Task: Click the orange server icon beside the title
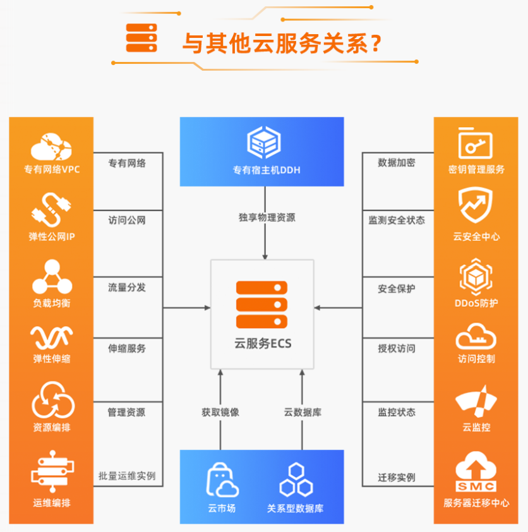(141, 38)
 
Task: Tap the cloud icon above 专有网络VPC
(51, 146)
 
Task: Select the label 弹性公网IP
(52, 237)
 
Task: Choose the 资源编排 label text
(52, 428)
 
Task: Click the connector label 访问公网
(126, 221)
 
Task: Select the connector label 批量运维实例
(126, 476)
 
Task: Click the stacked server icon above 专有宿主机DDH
(263, 142)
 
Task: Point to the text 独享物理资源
(266, 218)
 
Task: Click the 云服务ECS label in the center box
(262, 344)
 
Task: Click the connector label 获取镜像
(220, 413)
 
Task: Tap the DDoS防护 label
(476, 303)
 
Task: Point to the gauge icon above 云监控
(476, 402)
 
